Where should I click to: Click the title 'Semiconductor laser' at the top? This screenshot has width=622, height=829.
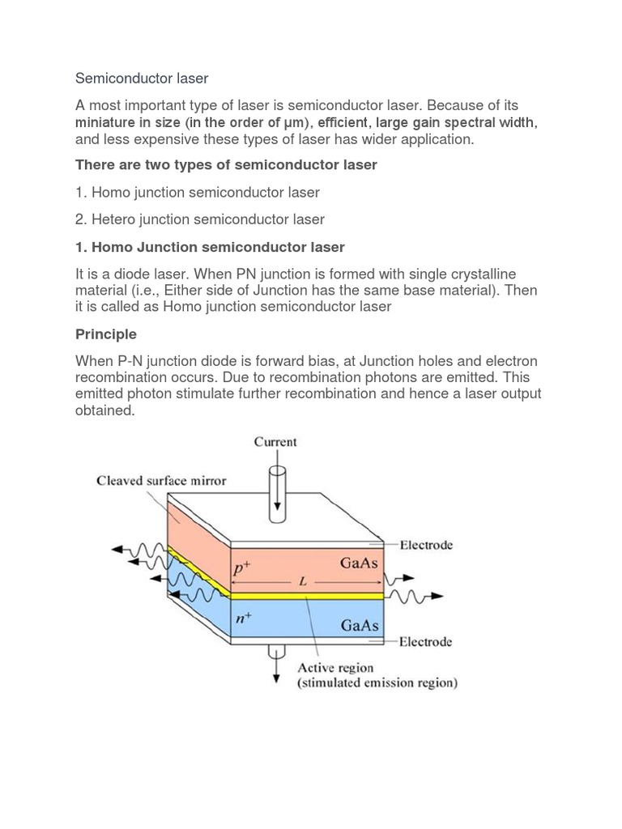pos(142,79)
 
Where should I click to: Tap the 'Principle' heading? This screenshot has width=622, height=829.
pos(106,334)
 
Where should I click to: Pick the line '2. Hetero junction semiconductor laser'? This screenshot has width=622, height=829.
pos(200,219)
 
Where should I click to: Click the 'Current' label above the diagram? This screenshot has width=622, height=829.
pos(275,442)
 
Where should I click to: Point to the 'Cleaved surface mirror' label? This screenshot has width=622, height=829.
pos(162,480)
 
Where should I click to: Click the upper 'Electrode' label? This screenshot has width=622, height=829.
pos(425,545)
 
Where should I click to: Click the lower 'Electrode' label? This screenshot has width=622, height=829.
pos(425,642)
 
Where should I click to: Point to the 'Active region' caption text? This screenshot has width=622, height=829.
pos(336,668)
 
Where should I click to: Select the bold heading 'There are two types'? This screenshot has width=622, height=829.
pos(226,165)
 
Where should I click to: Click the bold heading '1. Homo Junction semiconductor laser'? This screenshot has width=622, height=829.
pos(210,247)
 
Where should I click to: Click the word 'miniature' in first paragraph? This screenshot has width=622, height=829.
pos(104,123)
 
